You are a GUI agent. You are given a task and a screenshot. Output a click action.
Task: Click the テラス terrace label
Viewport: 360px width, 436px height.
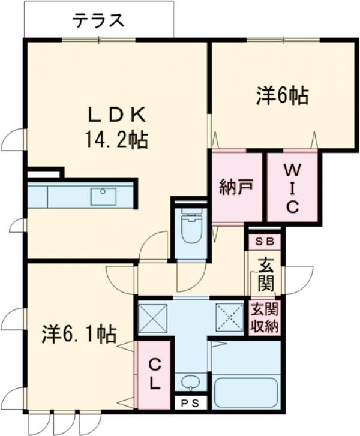pos(99,21)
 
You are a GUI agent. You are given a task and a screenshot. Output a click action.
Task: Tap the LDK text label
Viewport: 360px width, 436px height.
pos(118,113)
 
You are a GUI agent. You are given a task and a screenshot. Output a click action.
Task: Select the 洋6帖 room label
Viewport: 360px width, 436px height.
pos(283,95)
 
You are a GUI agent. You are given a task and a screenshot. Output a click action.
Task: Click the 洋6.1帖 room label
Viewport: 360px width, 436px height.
pos(79,334)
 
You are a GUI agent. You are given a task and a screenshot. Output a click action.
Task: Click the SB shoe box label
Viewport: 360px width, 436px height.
pos(264,242)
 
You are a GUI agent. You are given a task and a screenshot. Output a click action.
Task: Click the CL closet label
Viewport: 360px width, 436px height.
pos(154,374)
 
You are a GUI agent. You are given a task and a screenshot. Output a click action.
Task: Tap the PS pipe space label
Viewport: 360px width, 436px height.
pos(190,402)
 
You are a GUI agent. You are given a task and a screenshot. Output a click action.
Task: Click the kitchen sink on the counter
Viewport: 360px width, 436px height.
pos(104,196)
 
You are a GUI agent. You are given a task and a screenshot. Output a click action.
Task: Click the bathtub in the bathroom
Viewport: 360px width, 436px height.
pos(247,392)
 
